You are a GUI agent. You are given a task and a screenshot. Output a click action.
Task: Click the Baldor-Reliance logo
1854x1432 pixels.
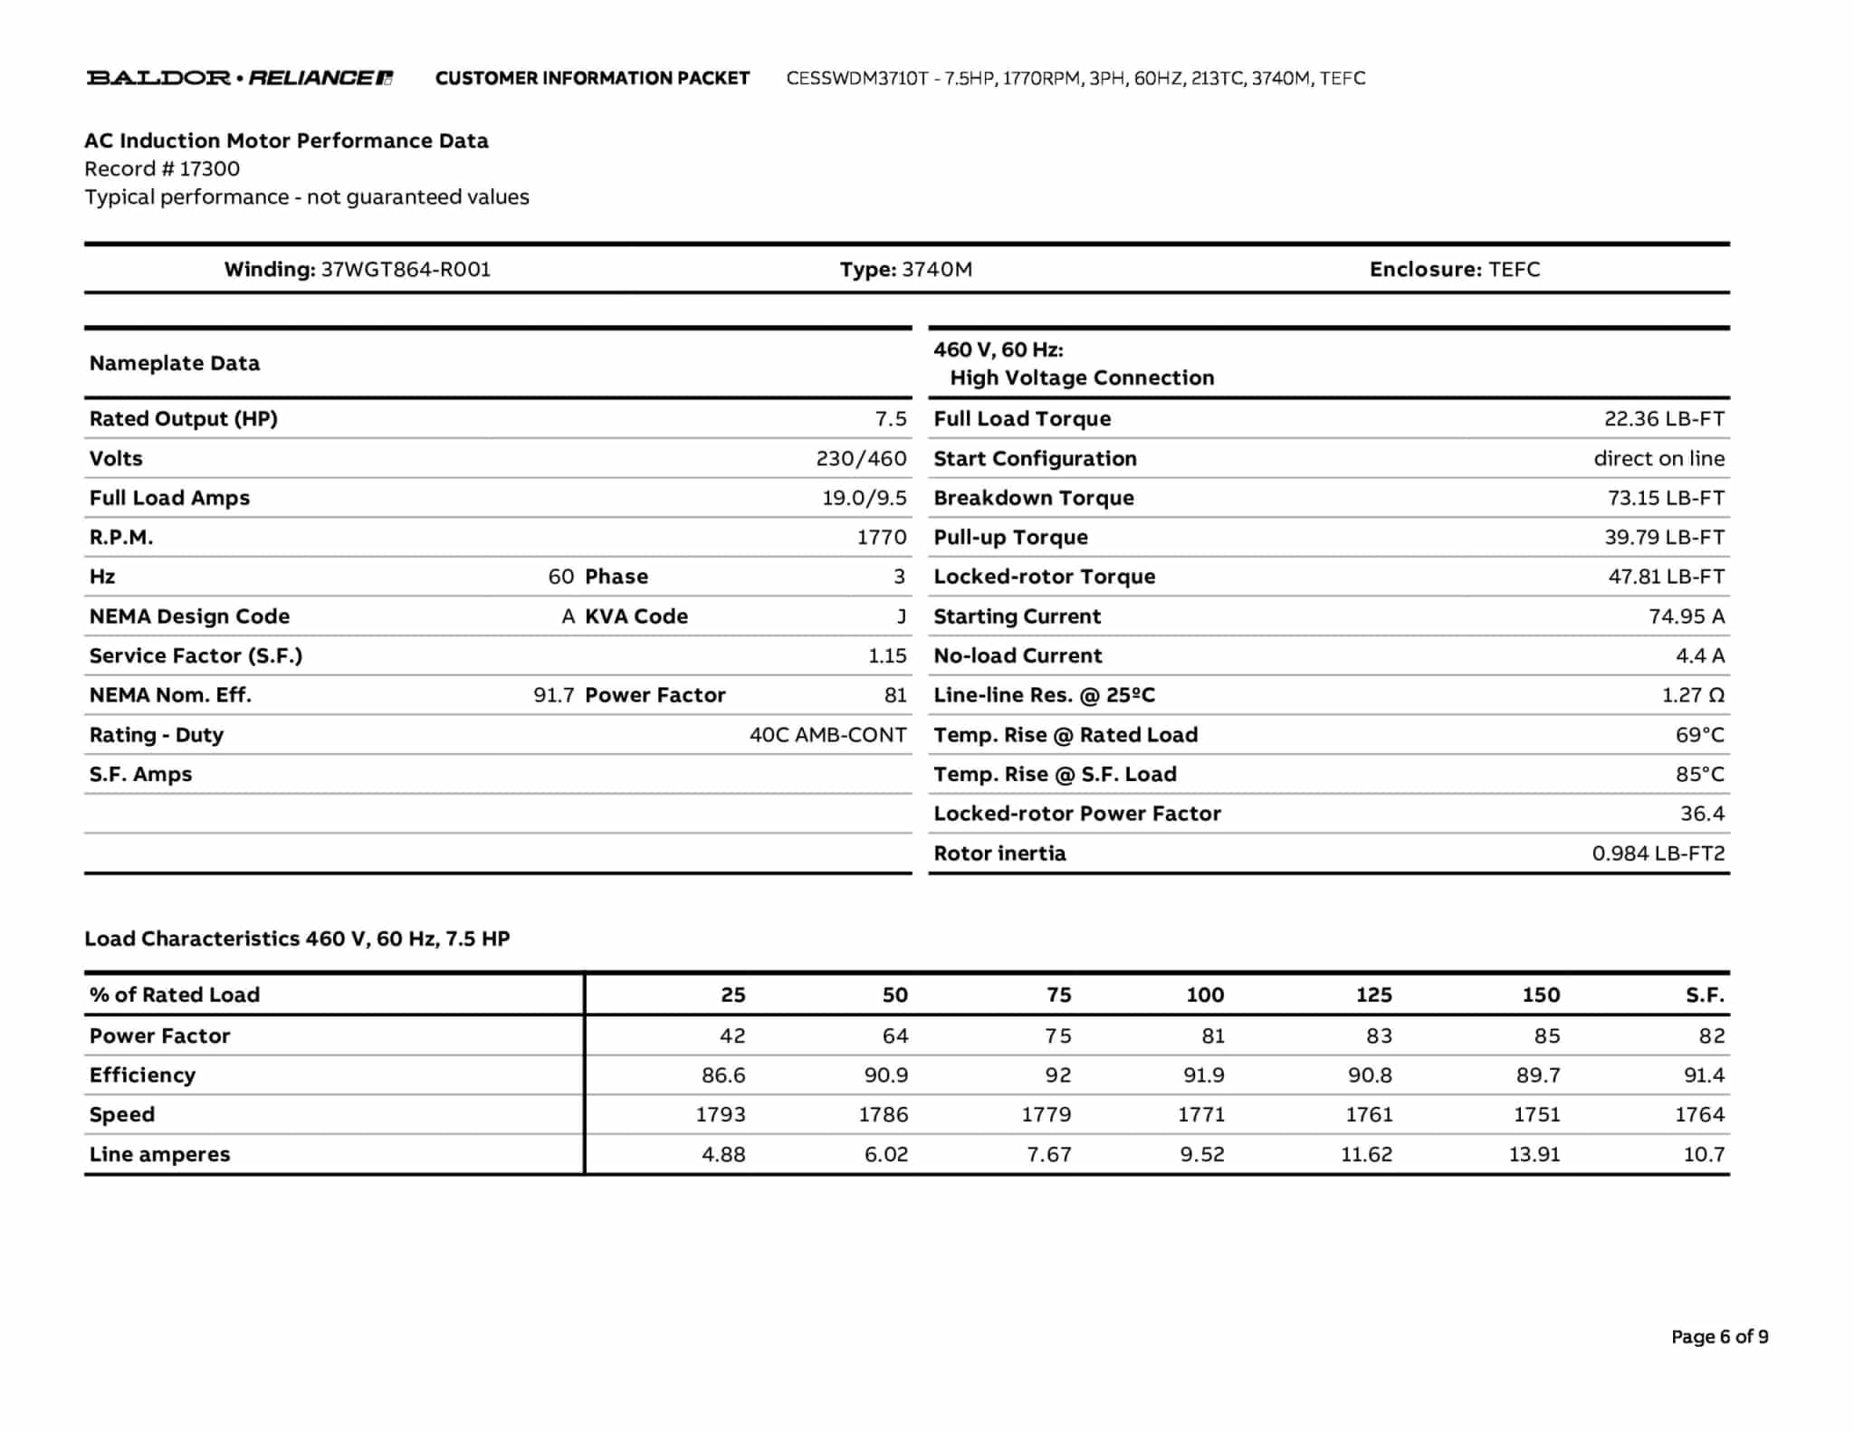[x=239, y=78]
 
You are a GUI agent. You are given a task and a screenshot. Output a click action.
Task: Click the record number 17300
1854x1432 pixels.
[x=209, y=168]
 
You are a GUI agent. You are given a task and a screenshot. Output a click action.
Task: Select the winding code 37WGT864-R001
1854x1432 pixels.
[x=406, y=269]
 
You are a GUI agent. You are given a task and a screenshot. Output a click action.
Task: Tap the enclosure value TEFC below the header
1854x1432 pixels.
[x=1514, y=269]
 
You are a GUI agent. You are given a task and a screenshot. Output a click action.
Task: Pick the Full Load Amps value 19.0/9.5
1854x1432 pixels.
[x=864, y=498]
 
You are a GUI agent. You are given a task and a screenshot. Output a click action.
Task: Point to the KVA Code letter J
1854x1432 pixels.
[x=901, y=616]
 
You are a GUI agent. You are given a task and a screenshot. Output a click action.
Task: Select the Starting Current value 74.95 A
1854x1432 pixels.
[x=1686, y=616]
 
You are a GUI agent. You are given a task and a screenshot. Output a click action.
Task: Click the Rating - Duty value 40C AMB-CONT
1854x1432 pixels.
[x=827, y=735]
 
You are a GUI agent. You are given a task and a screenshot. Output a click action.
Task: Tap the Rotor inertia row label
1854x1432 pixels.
[x=999, y=854]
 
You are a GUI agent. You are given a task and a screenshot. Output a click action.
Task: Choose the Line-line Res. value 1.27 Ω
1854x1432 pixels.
[x=1693, y=695]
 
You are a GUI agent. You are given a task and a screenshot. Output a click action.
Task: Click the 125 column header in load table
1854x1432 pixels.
[x=1373, y=995]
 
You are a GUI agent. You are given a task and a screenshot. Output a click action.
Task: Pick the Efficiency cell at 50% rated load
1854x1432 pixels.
[x=885, y=1075]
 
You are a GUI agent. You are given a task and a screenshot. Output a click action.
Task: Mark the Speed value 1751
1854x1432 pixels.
[x=1536, y=1115]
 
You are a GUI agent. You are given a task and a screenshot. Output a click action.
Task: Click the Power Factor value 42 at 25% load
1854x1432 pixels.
[x=732, y=1036]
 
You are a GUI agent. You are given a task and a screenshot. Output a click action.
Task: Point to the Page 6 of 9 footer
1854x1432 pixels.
[x=1719, y=1337]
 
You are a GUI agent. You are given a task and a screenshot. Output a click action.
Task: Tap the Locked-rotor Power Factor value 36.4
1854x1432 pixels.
[x=1702, y=814]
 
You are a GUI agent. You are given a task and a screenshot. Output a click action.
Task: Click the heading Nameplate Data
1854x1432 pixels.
[x=175, y=363]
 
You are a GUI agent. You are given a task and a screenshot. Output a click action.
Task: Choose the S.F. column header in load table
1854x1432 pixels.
[x=1705, y=995]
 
